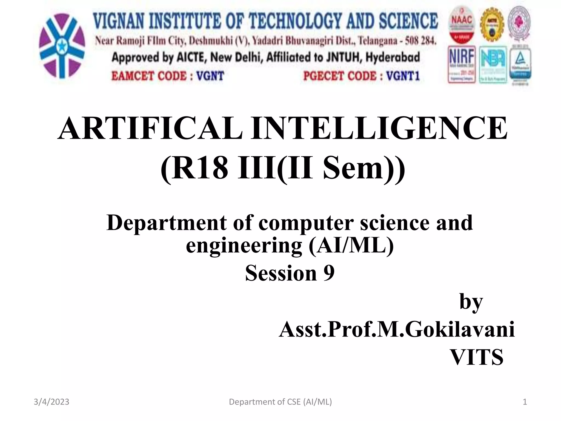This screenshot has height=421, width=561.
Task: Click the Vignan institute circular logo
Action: pyautogui.click(x=62, y=46)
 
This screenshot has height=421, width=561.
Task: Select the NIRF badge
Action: pyautogui.click(x=462, y=64)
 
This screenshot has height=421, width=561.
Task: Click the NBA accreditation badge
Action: pyautogui.click(x=493, y=65)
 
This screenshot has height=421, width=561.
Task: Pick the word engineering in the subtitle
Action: pyautogui.click(x=244, y=245)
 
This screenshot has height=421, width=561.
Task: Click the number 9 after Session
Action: pyautogui.click(x=329, y=273)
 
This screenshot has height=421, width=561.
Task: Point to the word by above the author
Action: pyautogui.click(x=471, y=301)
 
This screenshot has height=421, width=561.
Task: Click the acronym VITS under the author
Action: pyautogui.click(x=477, y=357)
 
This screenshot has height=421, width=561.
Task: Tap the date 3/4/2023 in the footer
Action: pyautogui.click(x=51, y=402)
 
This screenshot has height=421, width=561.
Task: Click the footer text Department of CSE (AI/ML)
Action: pyautogui.click(x=280, y=402)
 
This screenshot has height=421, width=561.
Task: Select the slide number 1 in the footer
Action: pyautogui.click(x=525, y=402)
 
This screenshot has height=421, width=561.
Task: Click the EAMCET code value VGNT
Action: pyautogui.click(x=210, y=76)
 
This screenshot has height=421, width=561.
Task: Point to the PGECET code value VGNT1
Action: pyautogui.click(x=403, y=76)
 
